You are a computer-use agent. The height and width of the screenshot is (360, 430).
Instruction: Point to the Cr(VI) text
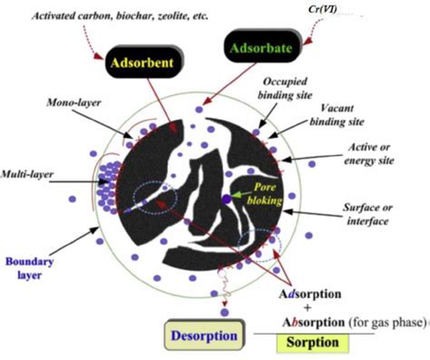tap(323, 9)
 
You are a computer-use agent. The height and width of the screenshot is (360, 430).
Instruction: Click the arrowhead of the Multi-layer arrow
tap(94, 174)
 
